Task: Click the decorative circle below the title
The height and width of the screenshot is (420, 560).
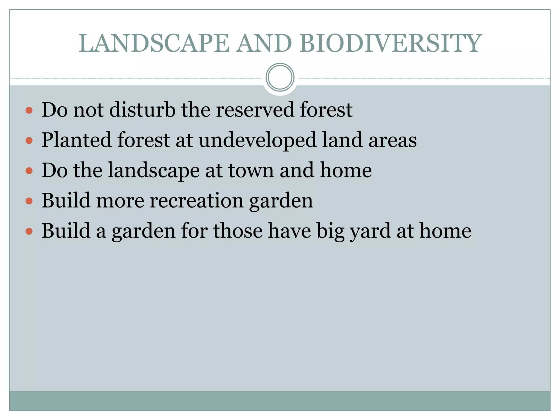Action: click(x=280, y=77)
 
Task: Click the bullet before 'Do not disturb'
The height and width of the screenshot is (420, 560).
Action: click(x=29, y=110)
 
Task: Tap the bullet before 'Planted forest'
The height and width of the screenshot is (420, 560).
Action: click(x=29, y=141)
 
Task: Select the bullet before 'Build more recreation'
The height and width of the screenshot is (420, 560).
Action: click(x=29, y=201)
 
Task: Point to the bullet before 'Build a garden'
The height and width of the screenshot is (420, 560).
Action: click(x=29, y=232)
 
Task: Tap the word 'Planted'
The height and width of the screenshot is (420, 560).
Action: click(x=76, y=140)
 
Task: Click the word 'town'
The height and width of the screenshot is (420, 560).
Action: click(x=251, y=171)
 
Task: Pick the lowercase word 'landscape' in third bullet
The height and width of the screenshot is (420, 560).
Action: click(x=154, y=171)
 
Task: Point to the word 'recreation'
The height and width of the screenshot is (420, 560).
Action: click(x=196, y=201)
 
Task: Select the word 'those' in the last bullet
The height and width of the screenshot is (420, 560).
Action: click(x=238, y=231)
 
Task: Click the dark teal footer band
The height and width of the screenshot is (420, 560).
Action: click(x=280, y=401)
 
